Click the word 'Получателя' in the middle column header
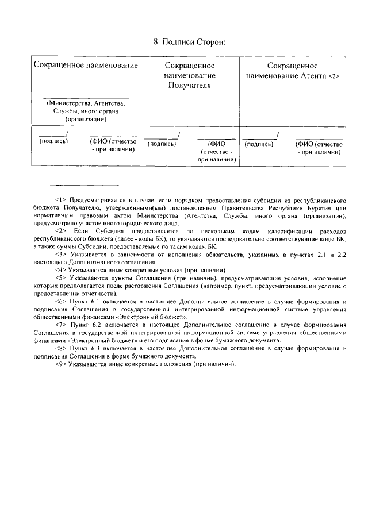[x=190, y=85]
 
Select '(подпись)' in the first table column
[x=53, y=141]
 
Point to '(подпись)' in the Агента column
[x=259, y=144]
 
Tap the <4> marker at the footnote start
[x=61, y=270]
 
